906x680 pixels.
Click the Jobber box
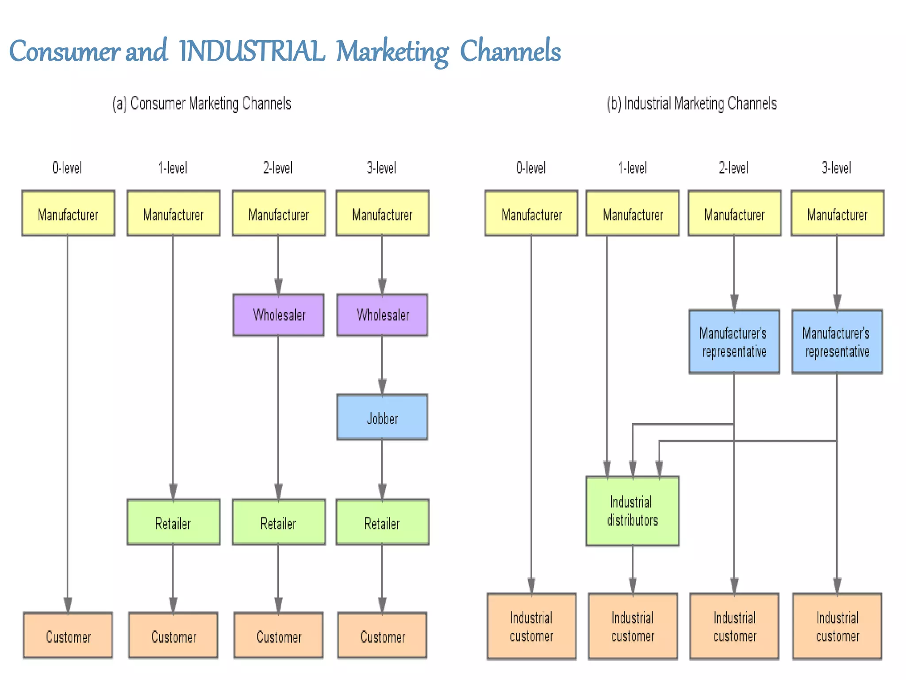coord(382,417)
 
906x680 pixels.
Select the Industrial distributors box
coord(632,511)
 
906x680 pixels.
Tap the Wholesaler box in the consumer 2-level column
coord(279,315)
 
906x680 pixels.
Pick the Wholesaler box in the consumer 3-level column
coord(382,315)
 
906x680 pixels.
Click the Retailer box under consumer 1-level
coord(173,522)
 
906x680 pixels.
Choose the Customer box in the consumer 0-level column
coord(68,635)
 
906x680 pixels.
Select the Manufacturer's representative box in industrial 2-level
coord(734,341)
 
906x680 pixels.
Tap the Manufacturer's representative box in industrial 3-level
coord(837,341)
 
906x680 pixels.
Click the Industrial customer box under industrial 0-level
coord(531,626)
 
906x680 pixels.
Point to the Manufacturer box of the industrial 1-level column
coord(632,213)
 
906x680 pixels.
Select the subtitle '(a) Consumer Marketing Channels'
coord(202,104)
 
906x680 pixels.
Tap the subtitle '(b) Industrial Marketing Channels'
coord(691,104)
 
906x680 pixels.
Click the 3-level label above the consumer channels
coord(381,168)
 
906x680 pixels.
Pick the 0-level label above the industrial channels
coord(531,168)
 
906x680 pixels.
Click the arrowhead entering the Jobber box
coord(382,386)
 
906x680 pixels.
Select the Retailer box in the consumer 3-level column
coord(382,522)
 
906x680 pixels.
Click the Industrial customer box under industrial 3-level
coord(837,626)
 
